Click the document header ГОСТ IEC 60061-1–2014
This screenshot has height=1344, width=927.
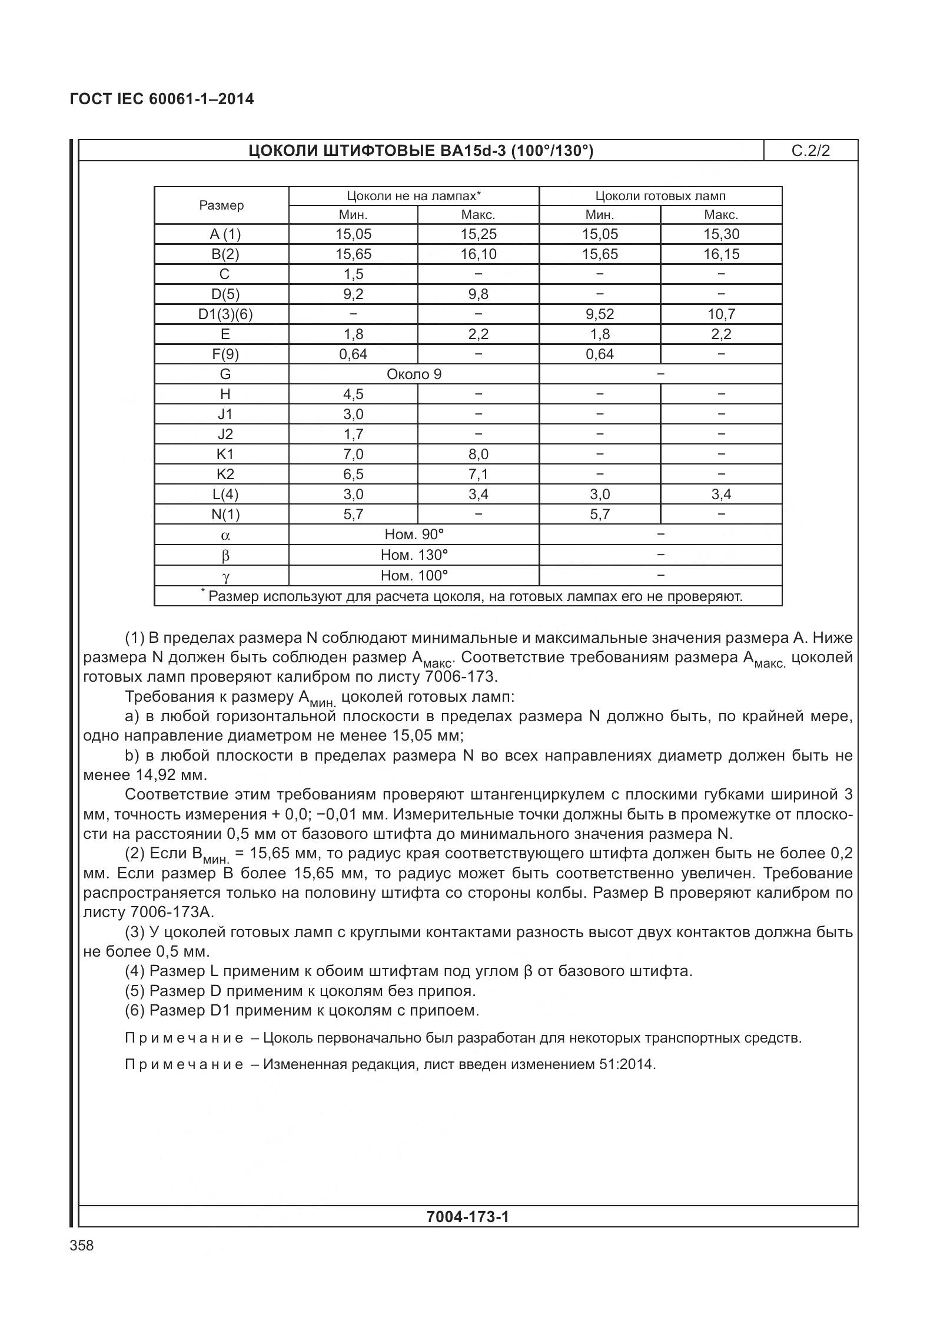click(x=161, y=99)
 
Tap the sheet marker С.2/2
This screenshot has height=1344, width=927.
click(x=810, y=151)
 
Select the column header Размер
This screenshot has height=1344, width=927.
click(x=221, y=205)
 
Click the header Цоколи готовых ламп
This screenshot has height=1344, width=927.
click(x=660, y=196)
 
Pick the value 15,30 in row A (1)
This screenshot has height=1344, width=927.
click(x=721, y=234)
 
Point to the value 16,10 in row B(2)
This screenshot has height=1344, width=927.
click(x=478, y=254)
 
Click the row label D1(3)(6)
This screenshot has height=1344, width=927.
click(x=225, y=314)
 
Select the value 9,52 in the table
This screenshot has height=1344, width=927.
click(x=599, y=314)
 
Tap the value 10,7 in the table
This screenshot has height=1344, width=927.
click(x=721, y=314)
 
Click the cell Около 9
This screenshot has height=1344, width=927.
click(x=414, y=374)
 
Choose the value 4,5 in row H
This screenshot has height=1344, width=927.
click(x=353, y=394)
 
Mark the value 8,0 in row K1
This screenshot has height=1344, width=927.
click(x=478, y=454)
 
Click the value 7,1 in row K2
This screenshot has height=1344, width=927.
click(x=478, y=474)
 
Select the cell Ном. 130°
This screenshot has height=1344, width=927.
click(x=414, y=555)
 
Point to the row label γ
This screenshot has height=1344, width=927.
click(x=225, y=576)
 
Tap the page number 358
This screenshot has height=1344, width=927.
click(x=81, y=1246)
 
